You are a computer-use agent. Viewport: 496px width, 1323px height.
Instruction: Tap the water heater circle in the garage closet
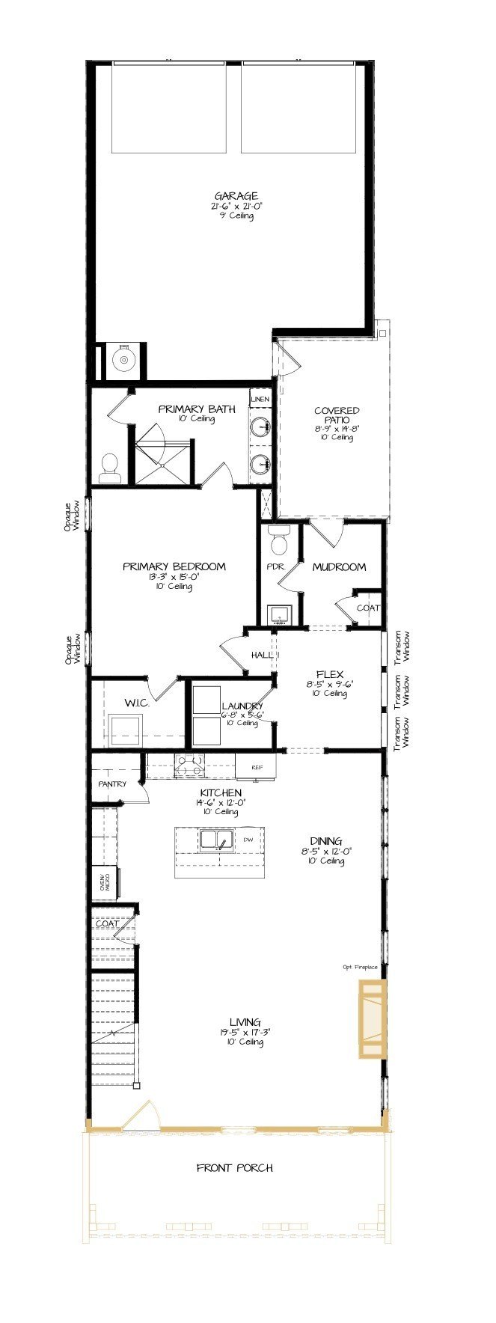[x=121, y=361]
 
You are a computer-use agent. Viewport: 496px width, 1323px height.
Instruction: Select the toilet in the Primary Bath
[x=109, y=468]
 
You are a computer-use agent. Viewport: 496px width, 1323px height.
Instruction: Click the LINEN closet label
[x=260, y=400]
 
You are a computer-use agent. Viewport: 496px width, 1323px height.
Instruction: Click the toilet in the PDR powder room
[x=279, y=538]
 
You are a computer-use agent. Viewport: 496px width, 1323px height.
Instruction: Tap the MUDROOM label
[x=339, y=566]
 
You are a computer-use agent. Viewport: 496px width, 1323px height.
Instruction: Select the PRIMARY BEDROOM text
[x=174, y=566]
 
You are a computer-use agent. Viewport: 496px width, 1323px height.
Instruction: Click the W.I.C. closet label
[x=137, y=703]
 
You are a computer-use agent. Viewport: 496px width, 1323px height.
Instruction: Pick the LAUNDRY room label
[x=242, y=706]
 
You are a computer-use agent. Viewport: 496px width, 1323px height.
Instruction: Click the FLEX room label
[x=330, y=674]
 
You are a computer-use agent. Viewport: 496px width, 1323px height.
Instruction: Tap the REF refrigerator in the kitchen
[x=256, y=767]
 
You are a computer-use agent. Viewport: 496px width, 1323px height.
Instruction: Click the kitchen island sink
[x=217, y=840]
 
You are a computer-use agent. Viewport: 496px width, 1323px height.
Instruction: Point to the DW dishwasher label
[x=248, y=840]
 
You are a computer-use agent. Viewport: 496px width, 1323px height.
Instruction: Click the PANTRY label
[x=112, y=783]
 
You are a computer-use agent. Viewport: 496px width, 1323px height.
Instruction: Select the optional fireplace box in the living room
[x=372, y=1018]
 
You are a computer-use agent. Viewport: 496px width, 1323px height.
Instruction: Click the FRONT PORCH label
[x=234, y=1167]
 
